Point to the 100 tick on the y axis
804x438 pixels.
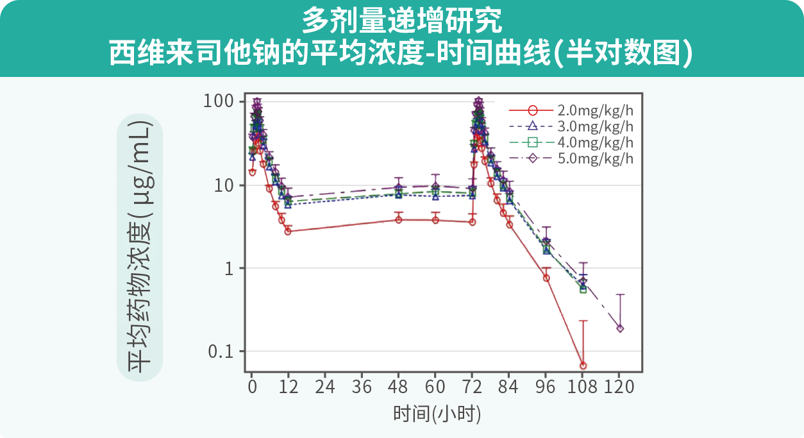[221, 102]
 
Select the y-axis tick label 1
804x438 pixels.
[231, 268]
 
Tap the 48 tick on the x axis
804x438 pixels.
[398, 387]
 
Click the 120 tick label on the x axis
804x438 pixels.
[619, 387]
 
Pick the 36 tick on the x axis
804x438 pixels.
[362, 387]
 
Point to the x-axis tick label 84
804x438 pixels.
[508, 387]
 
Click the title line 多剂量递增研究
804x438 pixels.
[402, 21]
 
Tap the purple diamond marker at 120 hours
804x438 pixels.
[620, 328]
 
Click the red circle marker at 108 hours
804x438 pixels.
[583, 366]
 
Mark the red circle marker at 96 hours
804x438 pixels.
[546, 278]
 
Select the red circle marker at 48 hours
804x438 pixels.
[399, 220]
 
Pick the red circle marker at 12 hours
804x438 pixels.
[288, 231]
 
